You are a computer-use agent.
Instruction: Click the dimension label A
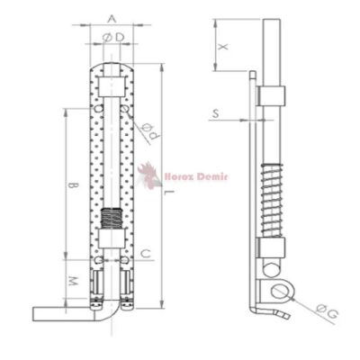coord(112,19)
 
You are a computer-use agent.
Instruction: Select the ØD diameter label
coord(113,38)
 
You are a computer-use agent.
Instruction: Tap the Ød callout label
coord(150,132)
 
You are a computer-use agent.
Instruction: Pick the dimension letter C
coord(146,254)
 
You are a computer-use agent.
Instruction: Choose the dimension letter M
coord(72,281)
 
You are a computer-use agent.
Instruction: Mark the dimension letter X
coord(223,47)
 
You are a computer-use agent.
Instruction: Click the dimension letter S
coord(216,113)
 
